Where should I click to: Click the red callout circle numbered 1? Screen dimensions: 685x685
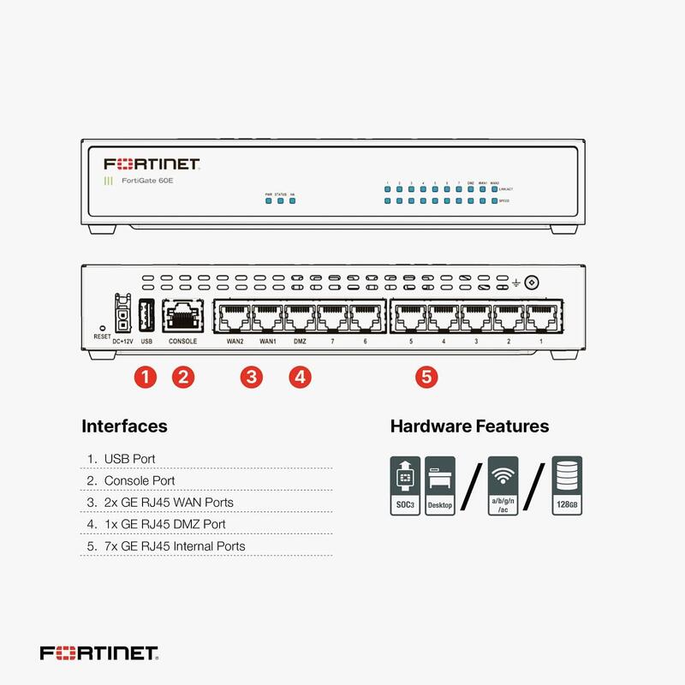[x=146, y=377]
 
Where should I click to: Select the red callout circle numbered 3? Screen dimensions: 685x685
[x=251, y=377]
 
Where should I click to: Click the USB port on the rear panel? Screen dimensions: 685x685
[x=146, y=318]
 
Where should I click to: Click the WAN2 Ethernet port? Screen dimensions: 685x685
[x=233, y=318]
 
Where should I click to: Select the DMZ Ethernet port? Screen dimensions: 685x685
[x=300, y=318]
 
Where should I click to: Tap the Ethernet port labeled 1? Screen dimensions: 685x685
[x=540, y=318]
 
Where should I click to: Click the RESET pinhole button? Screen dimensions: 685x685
[x=102, y=328]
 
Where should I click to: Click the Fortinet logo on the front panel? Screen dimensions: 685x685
[x=152, y=164]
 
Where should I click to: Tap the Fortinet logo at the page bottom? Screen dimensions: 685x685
[x=98, y=653]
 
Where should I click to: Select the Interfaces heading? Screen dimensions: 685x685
[x=124, y=426]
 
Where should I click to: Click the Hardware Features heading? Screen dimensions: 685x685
[x=469, y=426]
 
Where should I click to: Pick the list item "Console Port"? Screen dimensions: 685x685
[x=139, y=481]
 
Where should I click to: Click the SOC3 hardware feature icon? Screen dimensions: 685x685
[x=405, y=485]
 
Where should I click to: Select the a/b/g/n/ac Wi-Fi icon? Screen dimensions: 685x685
[x=503, y=485]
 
